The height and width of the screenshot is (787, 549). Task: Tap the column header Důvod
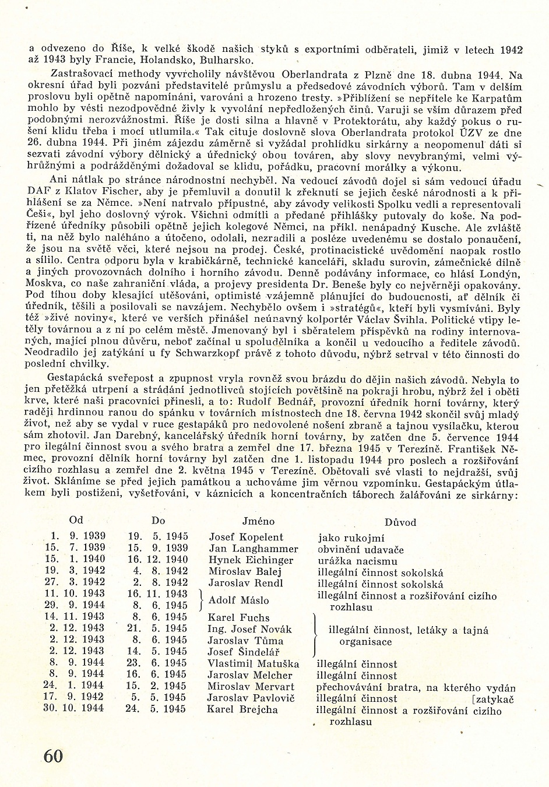coord(400,522)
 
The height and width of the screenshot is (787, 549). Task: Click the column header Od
coord(76,520)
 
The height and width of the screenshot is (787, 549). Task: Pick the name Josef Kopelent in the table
coord(245,537)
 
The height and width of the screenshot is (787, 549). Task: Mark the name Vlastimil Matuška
coord(253,663)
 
